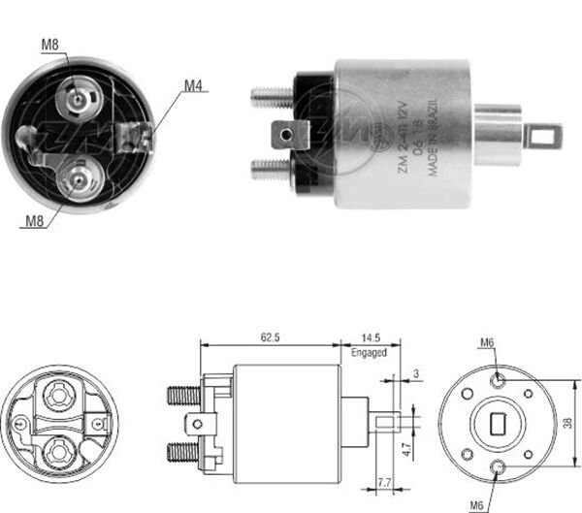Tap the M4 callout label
(194, 85)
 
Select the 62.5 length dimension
(270, 337)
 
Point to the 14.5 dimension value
(370, 337)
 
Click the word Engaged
(370, 352)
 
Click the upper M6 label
(488, 342)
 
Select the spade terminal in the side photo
(288, 133)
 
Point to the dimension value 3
(415, 373)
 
